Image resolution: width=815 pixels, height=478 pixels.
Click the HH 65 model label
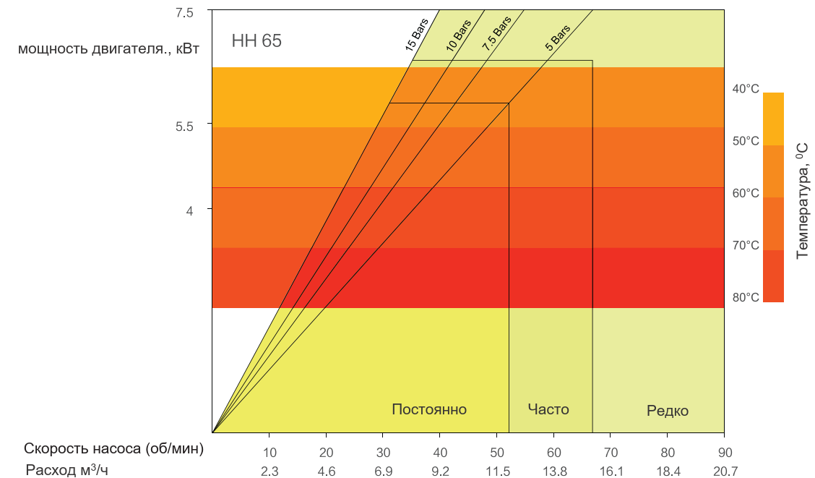coord(256,40)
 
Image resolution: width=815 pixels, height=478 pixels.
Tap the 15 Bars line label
coord(417,35)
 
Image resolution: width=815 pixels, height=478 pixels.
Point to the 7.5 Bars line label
coord(496,33)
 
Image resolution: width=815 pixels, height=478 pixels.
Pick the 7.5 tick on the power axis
coord(184,12)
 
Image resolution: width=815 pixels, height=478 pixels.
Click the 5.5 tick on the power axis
coord(184,127)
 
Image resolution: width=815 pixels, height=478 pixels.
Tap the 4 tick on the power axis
coord(189,210)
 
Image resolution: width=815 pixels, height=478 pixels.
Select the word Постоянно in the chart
coord(429,409)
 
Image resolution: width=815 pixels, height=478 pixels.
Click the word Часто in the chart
coord(548,409)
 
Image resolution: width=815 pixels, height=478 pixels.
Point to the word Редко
coord(668,411)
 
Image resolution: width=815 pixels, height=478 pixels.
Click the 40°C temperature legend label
coord(746,89)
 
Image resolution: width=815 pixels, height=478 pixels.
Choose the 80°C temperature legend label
coord(746,297)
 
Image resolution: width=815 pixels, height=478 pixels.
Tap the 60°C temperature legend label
coord(746,193)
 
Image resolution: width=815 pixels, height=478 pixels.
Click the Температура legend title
coord(803,201)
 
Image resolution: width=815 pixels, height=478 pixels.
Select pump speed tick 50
coord(497,453)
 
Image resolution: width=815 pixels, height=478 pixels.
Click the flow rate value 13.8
coord(555,471)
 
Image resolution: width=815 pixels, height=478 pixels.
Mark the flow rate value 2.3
coord(269,471)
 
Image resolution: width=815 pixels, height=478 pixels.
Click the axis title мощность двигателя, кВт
coord(108,49)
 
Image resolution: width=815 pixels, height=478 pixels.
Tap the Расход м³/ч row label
coord(67,469)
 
